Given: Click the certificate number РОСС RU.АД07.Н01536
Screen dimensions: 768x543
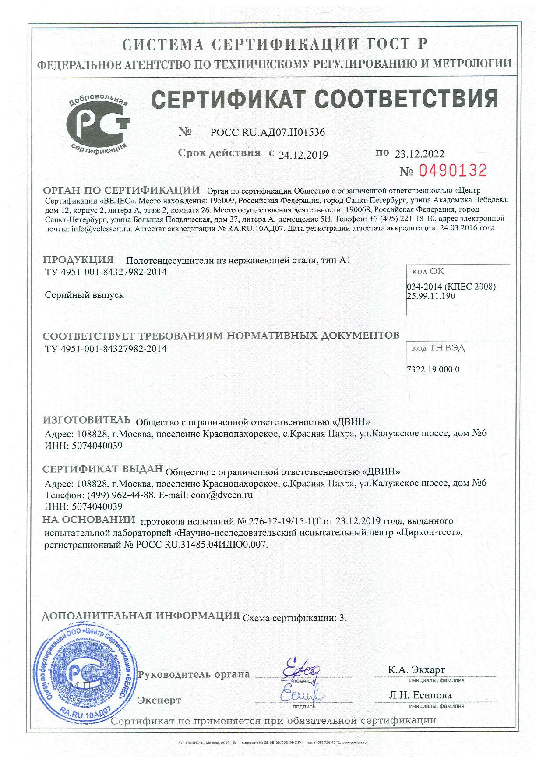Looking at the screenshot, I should coord(268,132).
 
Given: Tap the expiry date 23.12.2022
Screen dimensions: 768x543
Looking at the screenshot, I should coord(420,154).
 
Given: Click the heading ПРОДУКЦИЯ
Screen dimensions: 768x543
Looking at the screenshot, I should coord(78,259).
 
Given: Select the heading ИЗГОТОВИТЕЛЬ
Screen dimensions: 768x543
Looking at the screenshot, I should coord(87,420).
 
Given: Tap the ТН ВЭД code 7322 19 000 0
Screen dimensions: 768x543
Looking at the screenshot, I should coord(433,369).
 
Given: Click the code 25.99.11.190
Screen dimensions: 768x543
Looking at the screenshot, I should coord(431,296).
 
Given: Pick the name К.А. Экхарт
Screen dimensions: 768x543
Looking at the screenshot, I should coord(416,670).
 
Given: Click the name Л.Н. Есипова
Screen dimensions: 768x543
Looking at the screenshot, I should coord(420,695).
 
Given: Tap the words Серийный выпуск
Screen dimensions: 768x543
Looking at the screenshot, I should coord(85,295).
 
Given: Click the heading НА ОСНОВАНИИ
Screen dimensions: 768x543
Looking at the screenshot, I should coord(89,520).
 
